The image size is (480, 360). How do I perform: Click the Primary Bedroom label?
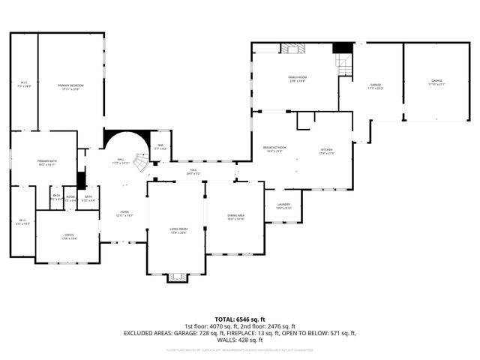pyautogui.click(x=70, y=87)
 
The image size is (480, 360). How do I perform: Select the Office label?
pyautogui.click(x=69, y=237)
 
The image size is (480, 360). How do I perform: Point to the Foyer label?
pyautogui.click(x=124, y=214)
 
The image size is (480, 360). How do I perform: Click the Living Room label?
pyautogui.click(x=177, y=230)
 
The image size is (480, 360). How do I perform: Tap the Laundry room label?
pyautogui.click(x=283, y=205)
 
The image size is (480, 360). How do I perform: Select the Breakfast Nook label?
pyautogui.click(x=274, y=148)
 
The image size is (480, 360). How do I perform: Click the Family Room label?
pyautogui.click(x=298, y=78)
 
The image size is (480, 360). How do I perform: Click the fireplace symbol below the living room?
pyautogui.click(x=177, y=277)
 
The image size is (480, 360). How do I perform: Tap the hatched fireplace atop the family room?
pyautogui.click(x=293, y=48)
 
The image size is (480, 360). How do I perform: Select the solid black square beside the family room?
pyautogui.click(x=342, y=47)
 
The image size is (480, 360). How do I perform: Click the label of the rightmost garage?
pyautogui.click(x=436, y=82)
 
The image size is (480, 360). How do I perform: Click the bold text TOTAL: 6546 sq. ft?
pyautogui.click(x=239, y=319)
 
